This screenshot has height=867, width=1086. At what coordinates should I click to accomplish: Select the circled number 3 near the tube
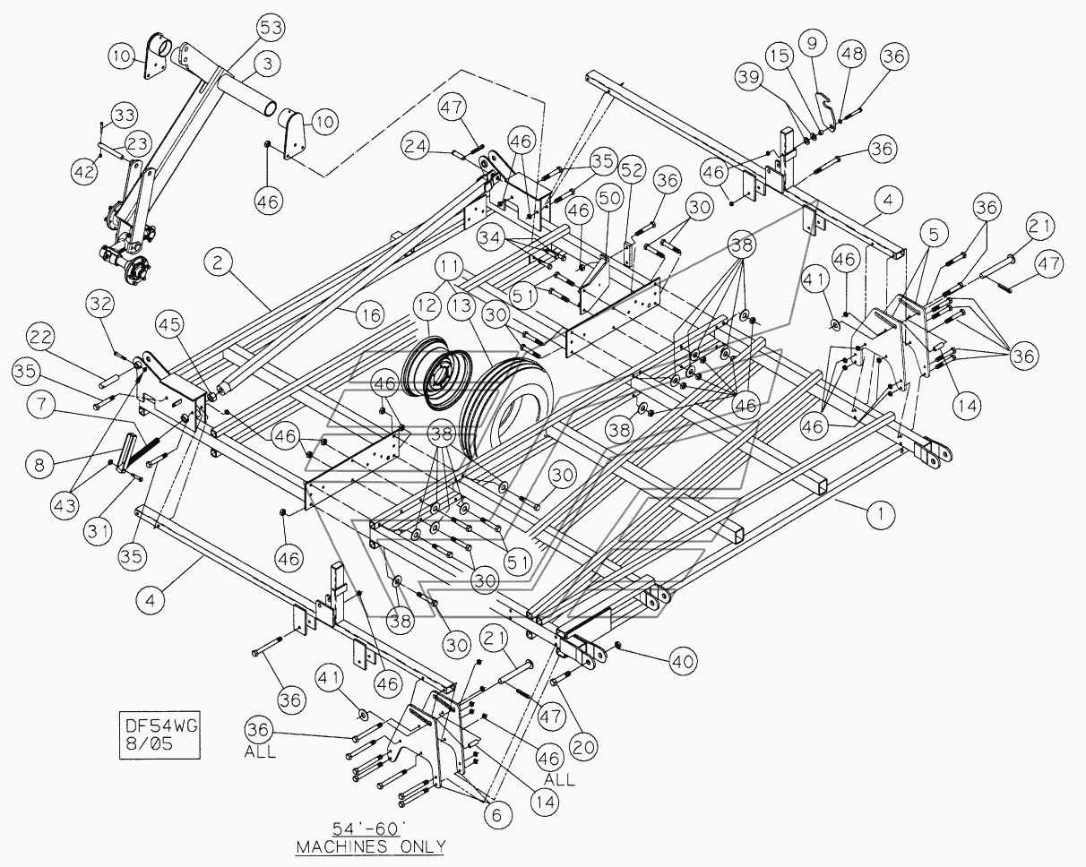tap(267, 64)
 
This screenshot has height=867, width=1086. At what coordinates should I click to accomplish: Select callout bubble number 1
tap(881, 514)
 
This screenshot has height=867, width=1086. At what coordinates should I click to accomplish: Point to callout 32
tap(100, 304)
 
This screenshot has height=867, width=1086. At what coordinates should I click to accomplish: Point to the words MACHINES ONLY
tap(370, 846)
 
